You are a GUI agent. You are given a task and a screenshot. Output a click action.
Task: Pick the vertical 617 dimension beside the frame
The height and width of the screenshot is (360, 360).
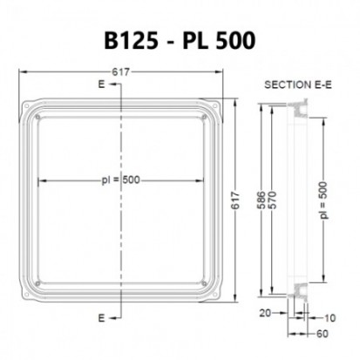click(233, 202)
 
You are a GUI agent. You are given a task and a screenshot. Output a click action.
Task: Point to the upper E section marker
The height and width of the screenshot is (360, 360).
click(103, 85)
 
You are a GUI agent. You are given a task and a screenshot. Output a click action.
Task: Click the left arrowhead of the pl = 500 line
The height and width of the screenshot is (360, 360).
click(40, 180)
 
